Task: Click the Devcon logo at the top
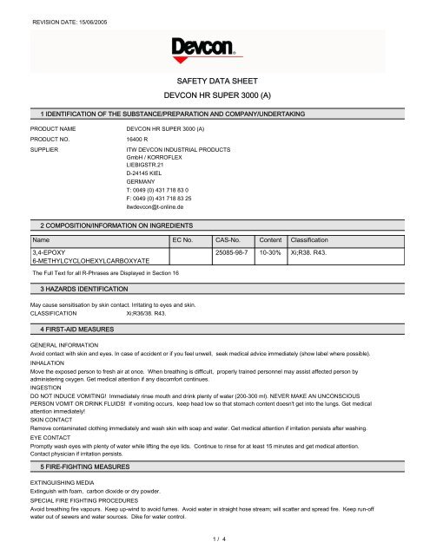click(x=214, y=44)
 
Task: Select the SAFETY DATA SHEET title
click(x=214, y=78)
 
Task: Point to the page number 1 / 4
click(x=214, y=540)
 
